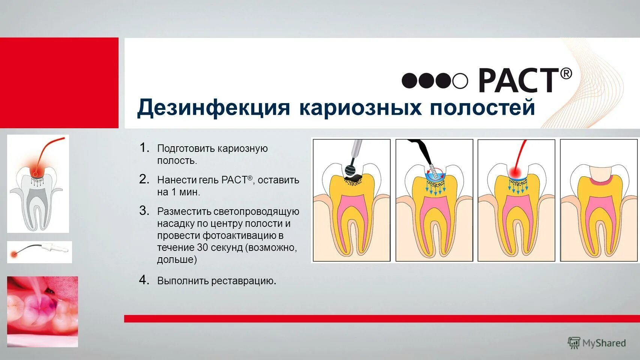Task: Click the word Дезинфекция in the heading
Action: click(x=213, y=108)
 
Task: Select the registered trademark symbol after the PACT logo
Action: click(x=566, y=73)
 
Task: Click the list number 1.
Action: click(x=144, y=148)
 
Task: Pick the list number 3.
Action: click(x=144, y=211)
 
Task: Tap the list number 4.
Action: click(x=144, y=280)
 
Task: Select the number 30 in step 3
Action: click(x=202, y=247)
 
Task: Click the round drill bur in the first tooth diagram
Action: click(x=351, y=170)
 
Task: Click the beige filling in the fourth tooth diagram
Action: click(x=599, y=172)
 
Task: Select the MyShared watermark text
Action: click(x=604, y=343)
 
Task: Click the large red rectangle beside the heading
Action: click(x=59, y=83)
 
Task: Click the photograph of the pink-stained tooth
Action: click(x=42, y=311)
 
